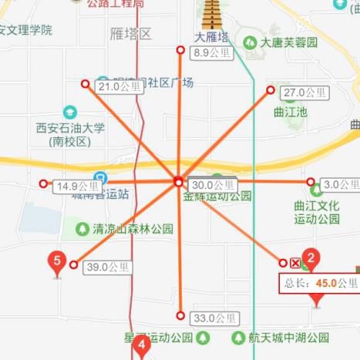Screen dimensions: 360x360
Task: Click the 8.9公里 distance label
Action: pyautogui.click(x=210, y=53)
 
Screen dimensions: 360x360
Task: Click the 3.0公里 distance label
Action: pyautogui.click(x=340, y=184)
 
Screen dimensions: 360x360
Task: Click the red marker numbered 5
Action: pyautogui.click(x=56, y=262)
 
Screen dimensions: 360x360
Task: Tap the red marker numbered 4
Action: pyautogui.click(x=140, y=346)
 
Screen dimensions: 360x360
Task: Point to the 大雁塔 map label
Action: pyautogui.click(x=210, y=36)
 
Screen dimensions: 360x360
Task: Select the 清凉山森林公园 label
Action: pyautogui.click(x=133, y=229)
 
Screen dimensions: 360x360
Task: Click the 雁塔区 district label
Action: pyautogui.click(x=130, y=34)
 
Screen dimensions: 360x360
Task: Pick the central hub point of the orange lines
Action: pyautogui.click(x=178, y=182)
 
